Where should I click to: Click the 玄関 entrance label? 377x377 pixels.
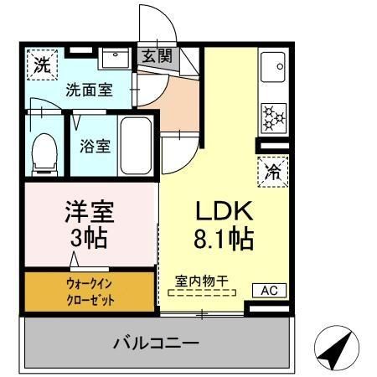coord(157,57)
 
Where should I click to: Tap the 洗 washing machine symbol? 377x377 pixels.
coord(40,63)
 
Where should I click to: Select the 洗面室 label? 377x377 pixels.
coord(90,90)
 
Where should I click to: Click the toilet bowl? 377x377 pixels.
coord(42,152)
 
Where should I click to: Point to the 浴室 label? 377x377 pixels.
coord(93,145)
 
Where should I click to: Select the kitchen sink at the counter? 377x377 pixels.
coord(274,68)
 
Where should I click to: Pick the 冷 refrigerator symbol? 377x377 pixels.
coord(273,172)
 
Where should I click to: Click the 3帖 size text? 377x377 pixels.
coord(88,239)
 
